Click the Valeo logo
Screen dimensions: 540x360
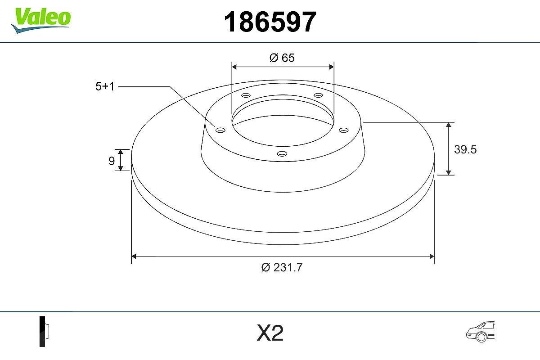coord(41,21)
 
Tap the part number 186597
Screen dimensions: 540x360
coord(270,22)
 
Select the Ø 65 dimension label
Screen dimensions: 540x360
coord(282,58)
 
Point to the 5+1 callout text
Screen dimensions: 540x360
coord(104,86)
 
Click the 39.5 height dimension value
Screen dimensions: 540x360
coord(465,149)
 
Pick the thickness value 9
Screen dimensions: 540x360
coord(112,161)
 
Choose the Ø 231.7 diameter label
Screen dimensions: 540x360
coord(282,267)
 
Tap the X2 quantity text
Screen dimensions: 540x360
coord(270,333)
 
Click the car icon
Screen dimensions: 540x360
coord(480,331)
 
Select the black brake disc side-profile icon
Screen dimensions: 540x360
coord(44,331)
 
